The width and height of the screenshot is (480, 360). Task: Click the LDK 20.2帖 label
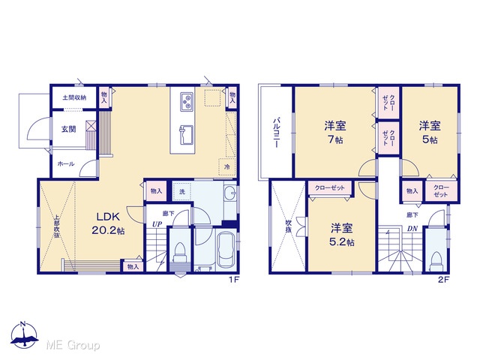108,223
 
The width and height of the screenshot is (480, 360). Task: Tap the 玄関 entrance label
68,129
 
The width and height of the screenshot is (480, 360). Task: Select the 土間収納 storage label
74,97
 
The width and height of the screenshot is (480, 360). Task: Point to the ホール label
66,164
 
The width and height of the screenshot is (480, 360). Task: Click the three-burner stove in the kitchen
187,101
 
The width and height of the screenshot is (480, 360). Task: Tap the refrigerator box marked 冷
226,166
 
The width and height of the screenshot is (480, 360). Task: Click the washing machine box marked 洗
182,192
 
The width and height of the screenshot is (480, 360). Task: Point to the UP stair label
157,224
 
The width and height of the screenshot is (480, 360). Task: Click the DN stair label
412,228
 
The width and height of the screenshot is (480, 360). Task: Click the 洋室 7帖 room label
335,132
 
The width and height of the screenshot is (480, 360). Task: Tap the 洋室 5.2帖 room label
342,235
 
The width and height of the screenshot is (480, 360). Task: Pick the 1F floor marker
234,280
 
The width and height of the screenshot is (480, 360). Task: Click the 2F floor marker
443,280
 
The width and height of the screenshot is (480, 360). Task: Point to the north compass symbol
24,334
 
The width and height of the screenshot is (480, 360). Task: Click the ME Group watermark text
73,345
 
